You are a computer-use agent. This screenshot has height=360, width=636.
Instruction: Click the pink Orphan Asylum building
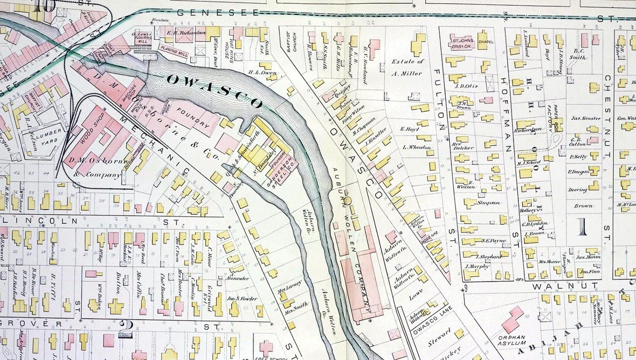(512, 319)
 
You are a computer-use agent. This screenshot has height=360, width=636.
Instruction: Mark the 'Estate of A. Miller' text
(407, 67)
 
